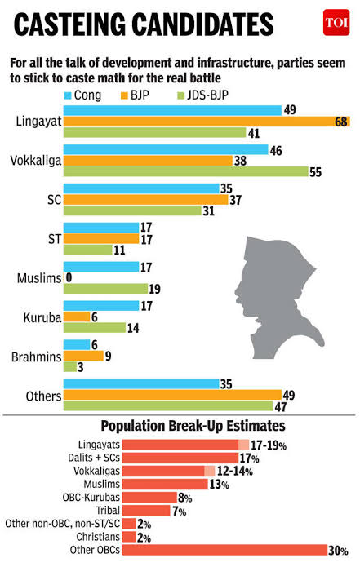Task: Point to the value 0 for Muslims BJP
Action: [69, 278]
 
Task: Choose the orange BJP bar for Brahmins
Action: [83, 356]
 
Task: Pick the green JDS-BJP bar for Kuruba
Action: [94, 327]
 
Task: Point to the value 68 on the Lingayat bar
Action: [342, 122]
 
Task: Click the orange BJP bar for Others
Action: [172, 395]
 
